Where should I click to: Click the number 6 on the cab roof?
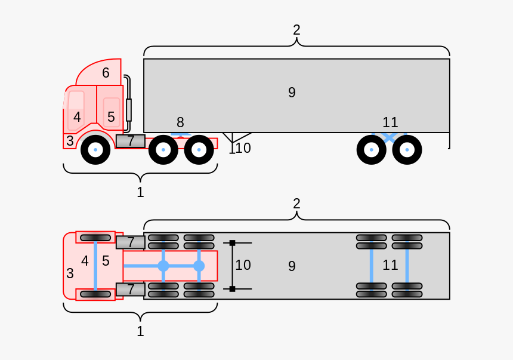click(106, 73)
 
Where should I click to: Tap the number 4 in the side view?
click(77, 117)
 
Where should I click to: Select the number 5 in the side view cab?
click(111, 117)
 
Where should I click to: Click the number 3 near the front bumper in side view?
click(70, 141)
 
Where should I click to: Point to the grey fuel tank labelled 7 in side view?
click(130, 141)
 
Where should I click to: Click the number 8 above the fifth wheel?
click(180, 122)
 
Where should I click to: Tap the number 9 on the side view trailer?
click(292, 93)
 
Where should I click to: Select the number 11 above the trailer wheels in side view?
click(390, 122)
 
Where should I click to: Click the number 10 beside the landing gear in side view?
click(243, 147)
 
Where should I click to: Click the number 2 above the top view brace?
click(296, 203)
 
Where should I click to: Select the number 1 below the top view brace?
click(140, 331)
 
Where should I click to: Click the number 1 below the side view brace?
click(140, 192)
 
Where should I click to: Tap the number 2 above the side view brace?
click(296, 29)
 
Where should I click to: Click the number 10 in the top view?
click(243, 265)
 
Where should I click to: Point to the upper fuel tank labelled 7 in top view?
click(130, 242)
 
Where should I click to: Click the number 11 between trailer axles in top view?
click(390, 265)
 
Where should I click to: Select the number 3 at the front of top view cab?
click(70, 273)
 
